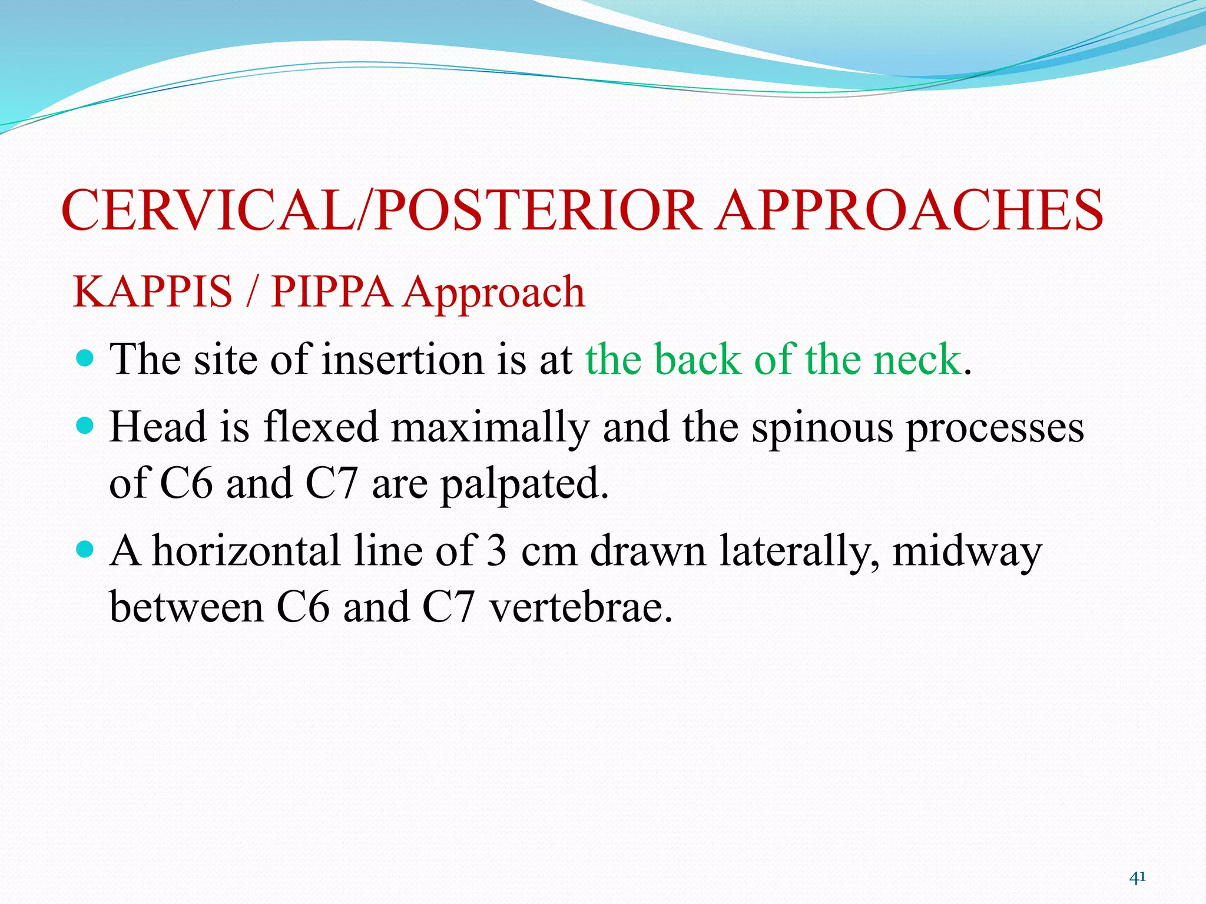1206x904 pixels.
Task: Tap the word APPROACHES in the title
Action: [910, 211]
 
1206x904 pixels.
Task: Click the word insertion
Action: [402, 359]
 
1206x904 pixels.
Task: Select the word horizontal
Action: [247, 551]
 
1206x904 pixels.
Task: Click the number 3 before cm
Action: [496, 551]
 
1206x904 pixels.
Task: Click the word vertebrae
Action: [581, 607]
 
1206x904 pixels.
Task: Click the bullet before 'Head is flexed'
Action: [86, 425]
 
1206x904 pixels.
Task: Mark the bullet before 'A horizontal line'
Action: [86, 549]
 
